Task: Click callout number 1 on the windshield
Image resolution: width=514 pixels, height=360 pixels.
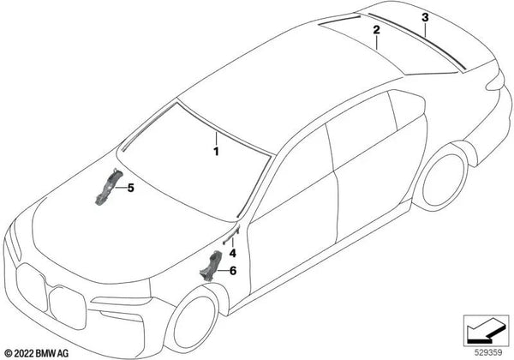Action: (x=217, y=152)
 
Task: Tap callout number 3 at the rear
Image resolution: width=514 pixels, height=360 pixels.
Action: (x=425, y=17)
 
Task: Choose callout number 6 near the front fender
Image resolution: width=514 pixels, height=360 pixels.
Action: (x=230, y=270)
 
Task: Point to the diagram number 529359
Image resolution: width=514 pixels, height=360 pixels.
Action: (x=490, y=351)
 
